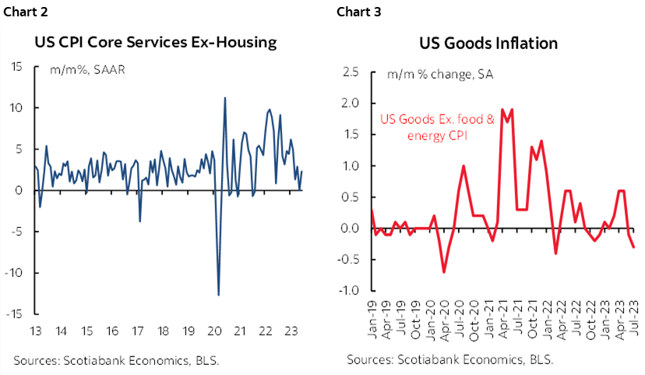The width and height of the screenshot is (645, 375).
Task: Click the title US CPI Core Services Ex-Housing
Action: (x=156, y=42)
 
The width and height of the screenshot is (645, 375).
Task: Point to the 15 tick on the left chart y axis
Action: (x=16, y=66)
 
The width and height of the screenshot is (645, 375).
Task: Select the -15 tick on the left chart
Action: (x=14, y=314)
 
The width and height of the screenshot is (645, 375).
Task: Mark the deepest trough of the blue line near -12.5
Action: (x=218, y=295)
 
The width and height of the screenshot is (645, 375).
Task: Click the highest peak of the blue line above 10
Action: (x=225, y=98)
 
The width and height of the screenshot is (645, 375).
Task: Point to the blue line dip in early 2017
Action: (x=139, y=222)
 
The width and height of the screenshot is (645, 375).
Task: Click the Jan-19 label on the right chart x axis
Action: (x=372, y=320)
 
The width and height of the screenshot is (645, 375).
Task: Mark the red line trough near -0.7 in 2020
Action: (x=443, y=272)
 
